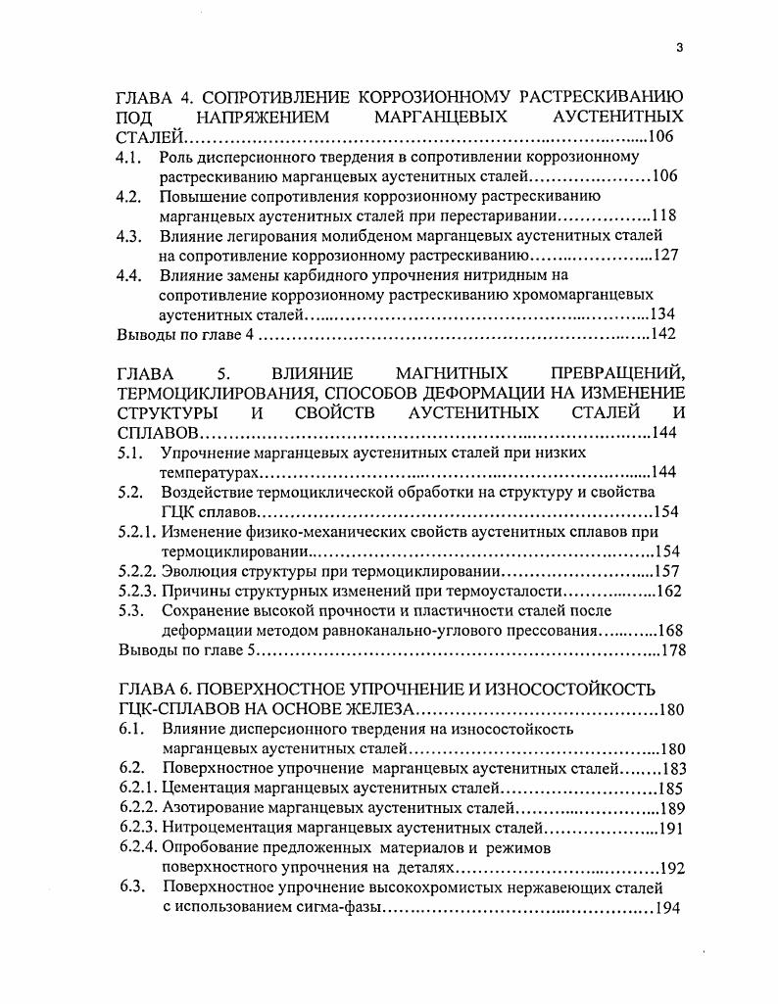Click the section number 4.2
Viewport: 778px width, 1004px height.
pos(130,197)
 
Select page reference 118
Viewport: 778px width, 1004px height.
pos(664,216)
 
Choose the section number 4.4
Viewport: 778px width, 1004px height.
pos(130,275)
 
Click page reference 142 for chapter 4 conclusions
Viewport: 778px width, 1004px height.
pos(663,334)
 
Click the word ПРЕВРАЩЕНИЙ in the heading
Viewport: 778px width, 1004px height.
pos(618,373)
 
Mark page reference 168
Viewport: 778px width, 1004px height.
pos(670,630)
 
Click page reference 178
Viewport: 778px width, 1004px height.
pos(672,649)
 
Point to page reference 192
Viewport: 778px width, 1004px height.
pos(672,868)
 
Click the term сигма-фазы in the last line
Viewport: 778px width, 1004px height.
pos(332,908)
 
